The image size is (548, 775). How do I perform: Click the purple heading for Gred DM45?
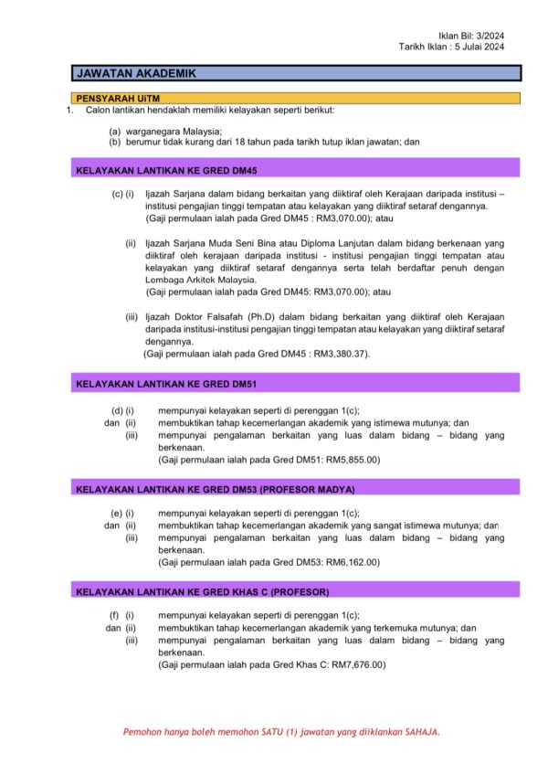[167, 169]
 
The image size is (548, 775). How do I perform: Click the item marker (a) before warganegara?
[115, 131]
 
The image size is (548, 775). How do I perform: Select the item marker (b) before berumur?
[115, 142]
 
